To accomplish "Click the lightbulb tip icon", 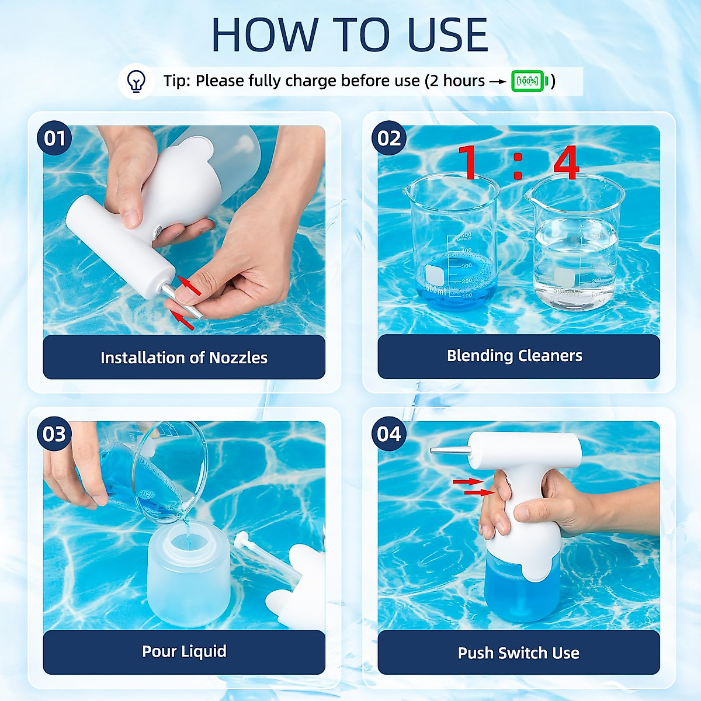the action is pos(136,81).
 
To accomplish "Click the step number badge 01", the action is pos(54,138).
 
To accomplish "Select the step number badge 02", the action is pos(389,138).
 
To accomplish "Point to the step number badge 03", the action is pos(54,434).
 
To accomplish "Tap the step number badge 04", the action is pos(389,434).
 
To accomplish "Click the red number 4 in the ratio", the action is pos(566,162).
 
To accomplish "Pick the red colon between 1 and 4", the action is pos(518,166).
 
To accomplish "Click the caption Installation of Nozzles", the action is pos(184,358).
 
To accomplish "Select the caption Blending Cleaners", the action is pos(515,356).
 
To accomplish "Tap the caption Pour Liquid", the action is pos(184,651).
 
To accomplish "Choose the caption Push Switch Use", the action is pos(518,653).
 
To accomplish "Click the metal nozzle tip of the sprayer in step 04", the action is pos(450,451).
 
